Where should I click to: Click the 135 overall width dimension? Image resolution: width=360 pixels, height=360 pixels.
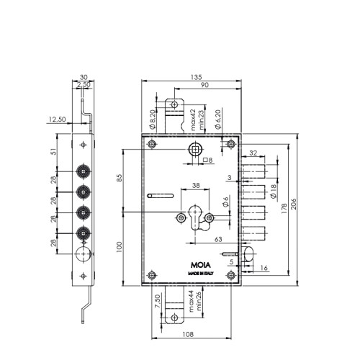point(197,77)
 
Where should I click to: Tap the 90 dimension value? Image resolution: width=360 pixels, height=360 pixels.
point(204,85)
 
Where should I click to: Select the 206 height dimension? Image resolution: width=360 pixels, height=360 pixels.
point(293,204)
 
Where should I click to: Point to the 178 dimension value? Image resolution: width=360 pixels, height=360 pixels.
point(284,208)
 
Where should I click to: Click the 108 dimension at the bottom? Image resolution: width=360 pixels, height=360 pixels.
point(188,334)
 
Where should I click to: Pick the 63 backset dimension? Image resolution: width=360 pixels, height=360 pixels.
point(218,239)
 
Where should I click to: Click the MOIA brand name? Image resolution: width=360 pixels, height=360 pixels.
point(201,265)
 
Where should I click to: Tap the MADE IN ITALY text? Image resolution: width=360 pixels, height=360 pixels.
point(201,274)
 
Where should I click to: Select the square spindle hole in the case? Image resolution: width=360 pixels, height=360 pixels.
point(195,150)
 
